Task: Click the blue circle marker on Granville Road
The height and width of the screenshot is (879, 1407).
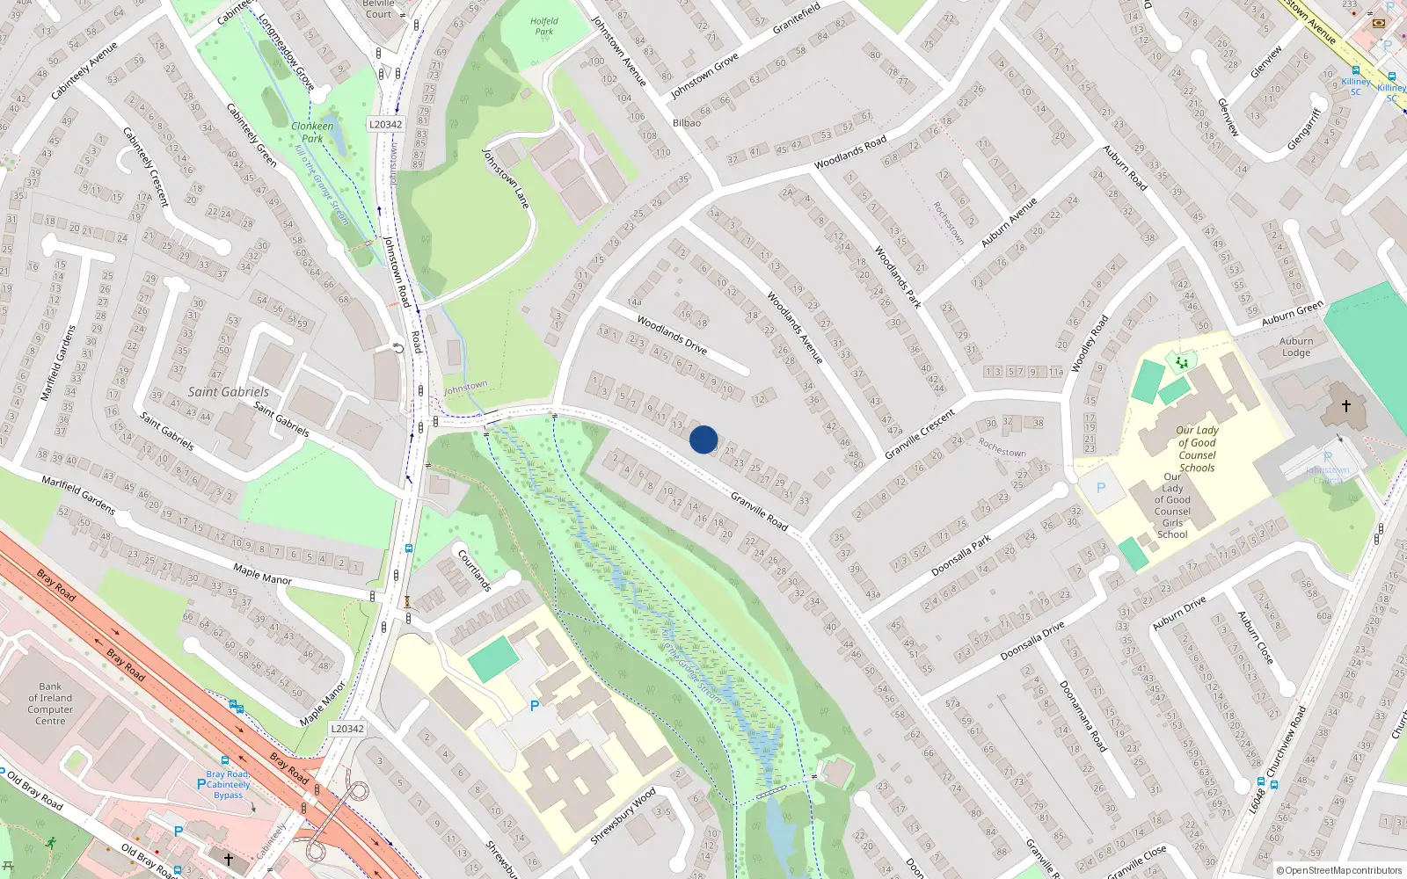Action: tap(703, 439)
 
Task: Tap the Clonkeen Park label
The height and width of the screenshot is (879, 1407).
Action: tap(312, 132)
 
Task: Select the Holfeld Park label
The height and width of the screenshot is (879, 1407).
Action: tap(544, 26)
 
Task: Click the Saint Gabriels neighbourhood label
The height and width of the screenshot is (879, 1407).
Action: tap(229, 392)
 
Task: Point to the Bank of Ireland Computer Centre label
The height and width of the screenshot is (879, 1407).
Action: tap(50, 703)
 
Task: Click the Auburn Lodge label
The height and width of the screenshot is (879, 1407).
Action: tap(1296, 347)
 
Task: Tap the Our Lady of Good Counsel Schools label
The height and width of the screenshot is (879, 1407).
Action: tap(1197, 449)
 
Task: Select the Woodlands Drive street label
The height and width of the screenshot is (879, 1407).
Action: tap(672, 335)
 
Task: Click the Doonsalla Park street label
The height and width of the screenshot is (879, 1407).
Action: tap(962, 556)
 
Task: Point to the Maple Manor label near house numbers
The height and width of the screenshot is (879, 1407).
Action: tap(262, 577)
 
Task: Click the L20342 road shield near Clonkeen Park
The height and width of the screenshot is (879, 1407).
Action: tap(385, 125)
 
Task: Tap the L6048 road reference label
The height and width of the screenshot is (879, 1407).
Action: tap(1258, 800)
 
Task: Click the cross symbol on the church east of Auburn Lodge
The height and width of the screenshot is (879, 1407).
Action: tap(1345, 406)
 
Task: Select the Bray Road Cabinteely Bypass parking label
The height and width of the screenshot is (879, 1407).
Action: tap(228, 785)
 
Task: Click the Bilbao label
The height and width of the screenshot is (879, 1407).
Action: tap(687, 123)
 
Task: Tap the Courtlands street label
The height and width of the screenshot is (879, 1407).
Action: tap(475, 570)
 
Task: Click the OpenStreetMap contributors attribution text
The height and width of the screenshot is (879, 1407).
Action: tap(1338, 871)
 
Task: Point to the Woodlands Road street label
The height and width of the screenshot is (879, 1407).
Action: tap(850, 153)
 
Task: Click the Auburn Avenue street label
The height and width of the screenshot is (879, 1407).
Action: tap(1010, 221)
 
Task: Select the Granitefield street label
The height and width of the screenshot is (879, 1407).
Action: tap(796, 18)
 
